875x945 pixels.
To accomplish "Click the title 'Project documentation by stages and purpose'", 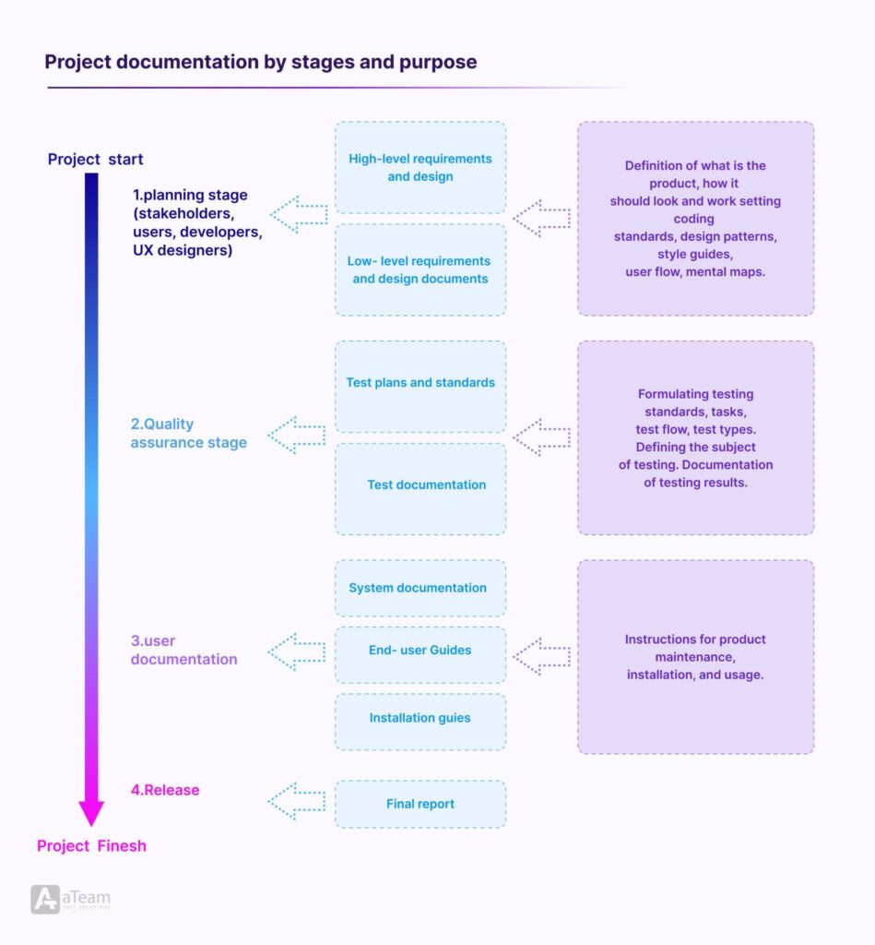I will pyautogui.click(x=261, y=63).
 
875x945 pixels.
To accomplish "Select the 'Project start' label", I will pyautogui.click(x=95, y=160).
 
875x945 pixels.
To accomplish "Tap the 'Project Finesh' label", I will pyautogui.click(x=91, y=845).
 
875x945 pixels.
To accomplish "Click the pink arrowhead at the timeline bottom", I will pyautogui.click(x=91, y=812).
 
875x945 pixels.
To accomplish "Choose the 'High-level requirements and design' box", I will pyautogui.click(x=420, y=167).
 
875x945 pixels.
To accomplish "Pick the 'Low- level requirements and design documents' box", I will pyautogui.click(x=420, y=269).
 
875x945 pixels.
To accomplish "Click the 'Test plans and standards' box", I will pyautogui.click(x=420, y=383).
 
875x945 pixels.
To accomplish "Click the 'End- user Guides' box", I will pyautogui.click(x=420, y=651).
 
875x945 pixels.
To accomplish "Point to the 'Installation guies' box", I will pyautogui.click(x=420, y=718).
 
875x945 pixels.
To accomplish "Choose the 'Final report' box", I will pyautogui.click(x=420, y=804).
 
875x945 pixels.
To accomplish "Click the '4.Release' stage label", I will pyautogui.click(x=165, y=790).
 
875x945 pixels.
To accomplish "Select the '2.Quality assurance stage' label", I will pyautogui.click(x=188, y=433).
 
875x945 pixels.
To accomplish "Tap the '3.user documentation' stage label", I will pyautogui.click(x=183, y=650).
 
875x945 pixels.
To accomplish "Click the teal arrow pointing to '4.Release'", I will pyautogui.click(x=296, y=801).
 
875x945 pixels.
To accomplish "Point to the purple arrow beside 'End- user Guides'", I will pyautogui.click(x=541, y=657).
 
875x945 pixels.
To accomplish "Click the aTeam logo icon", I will pyautogui.click(x=45, y=899).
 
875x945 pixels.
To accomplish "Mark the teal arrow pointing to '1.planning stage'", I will pyautogui.click(x=299, y=215).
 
